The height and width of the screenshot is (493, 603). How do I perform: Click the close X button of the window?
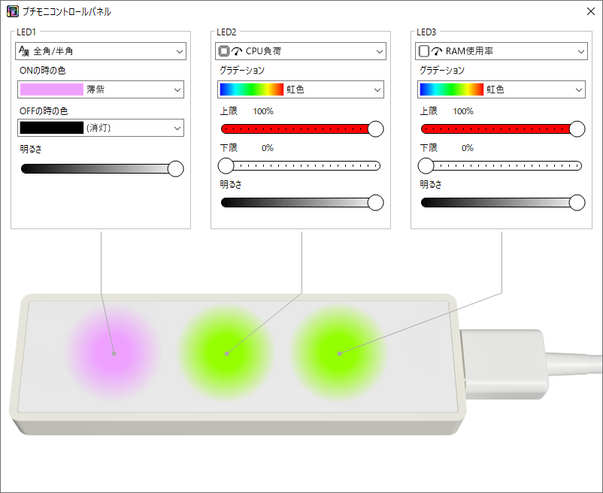coord(591,11)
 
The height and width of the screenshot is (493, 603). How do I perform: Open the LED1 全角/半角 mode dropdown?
coord(101,51)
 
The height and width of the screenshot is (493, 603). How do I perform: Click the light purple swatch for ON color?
coord(52,89)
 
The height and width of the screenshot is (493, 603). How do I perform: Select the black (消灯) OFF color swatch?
coord(52,128)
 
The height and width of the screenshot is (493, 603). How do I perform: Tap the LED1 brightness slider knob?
coord(176,168)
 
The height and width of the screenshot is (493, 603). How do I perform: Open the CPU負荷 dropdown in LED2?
coord(300,51)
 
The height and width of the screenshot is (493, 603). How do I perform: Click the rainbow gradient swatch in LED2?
coord(252,89)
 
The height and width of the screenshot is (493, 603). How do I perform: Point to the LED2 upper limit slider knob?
coord(376,129)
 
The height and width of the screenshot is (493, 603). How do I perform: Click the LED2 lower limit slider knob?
coord(226,165)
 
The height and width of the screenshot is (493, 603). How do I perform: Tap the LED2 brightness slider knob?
coord(376,202)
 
